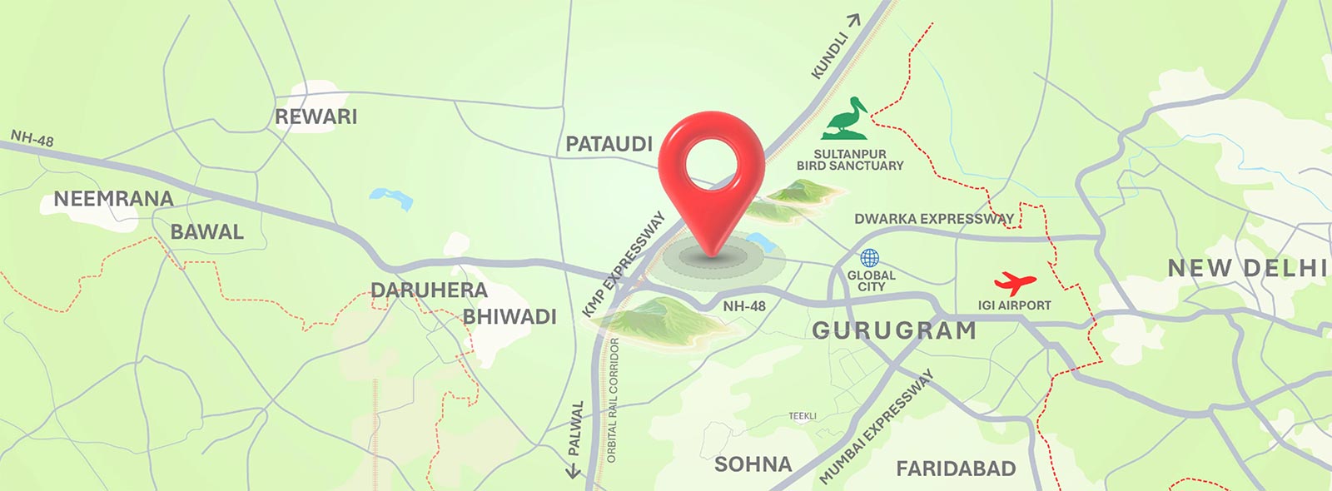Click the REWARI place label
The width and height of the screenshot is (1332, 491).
tap(316, 117)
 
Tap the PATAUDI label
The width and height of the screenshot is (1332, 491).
tap(609, 144)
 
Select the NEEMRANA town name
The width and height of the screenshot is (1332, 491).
tap(113, 199)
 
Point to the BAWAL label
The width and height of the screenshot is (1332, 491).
tap(206, 232)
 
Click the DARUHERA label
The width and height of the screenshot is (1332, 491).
tap(429, 290)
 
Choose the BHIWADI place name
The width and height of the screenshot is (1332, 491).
tap(509, 317)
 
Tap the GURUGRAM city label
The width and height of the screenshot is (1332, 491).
tap(894, 330)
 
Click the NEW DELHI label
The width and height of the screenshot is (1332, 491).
tap(1246, 268)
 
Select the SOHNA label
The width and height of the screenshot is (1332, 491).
tap(753, 464)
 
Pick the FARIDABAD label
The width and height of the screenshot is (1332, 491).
tap(956, 469)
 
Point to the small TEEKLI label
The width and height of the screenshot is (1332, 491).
tap(803, 416)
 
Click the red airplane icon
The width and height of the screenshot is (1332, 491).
tap(1015, 283)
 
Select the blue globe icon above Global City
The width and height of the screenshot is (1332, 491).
tap(870, 258)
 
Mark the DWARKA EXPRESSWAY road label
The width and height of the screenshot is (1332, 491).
tap(934, 219)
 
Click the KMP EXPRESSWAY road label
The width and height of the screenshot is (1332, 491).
tap(624, 264)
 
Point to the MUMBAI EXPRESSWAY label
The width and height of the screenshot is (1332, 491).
tap(876, 427)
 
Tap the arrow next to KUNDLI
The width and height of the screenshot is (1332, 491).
tap(853, 20)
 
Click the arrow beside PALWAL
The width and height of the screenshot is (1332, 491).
tap(573, 471)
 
